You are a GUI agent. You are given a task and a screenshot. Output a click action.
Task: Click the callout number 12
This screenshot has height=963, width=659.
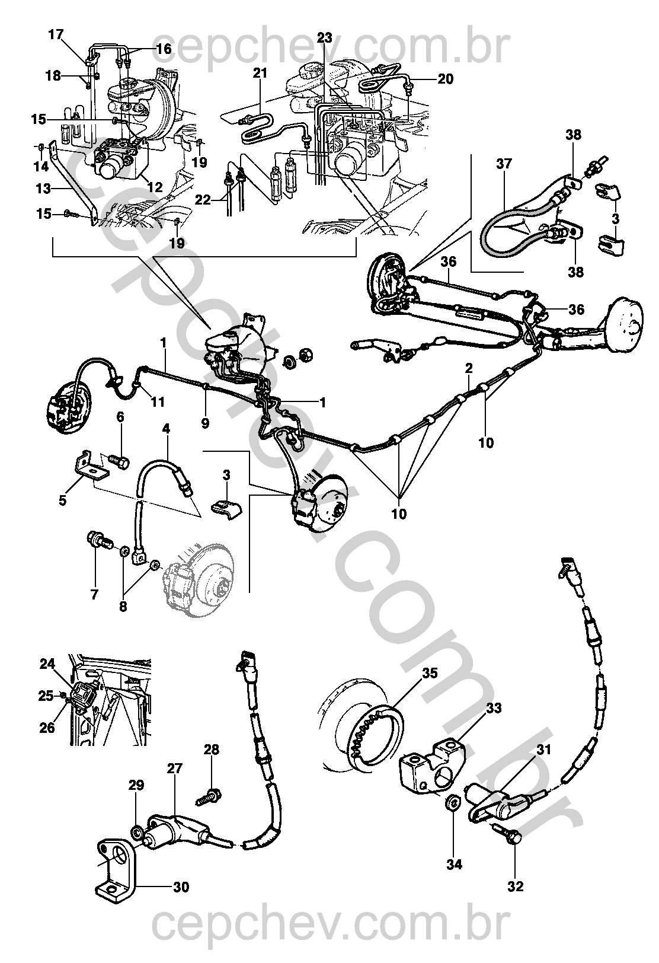(x=155, y=187)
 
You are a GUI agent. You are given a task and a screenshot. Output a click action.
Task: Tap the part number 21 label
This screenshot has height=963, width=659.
(x=260, y=74)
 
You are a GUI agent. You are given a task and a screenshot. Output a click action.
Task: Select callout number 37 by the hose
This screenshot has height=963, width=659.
(x=504, y=163)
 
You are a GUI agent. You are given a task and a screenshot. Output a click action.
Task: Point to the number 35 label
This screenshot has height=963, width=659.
(x=430, y=673)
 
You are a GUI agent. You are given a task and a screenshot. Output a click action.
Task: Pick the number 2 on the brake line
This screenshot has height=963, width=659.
(x=469, y=368)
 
